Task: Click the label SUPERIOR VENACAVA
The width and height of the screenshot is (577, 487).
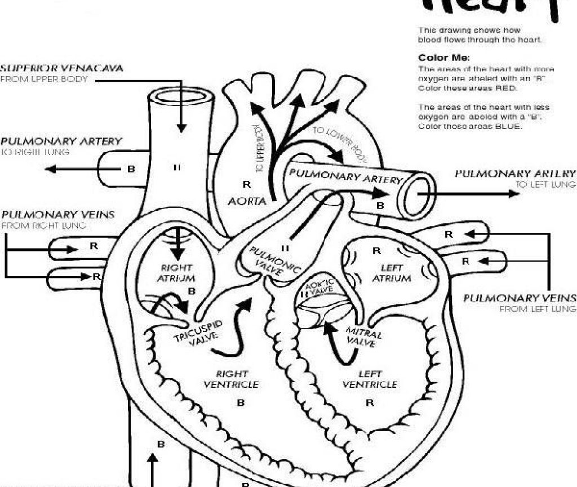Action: (61, 68)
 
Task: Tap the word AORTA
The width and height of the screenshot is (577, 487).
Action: (246, 201)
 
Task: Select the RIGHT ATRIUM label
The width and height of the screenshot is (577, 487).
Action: (176, 273)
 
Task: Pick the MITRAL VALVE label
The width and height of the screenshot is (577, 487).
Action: (364, 337)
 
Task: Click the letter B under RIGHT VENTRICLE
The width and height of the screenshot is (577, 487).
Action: (241, 403)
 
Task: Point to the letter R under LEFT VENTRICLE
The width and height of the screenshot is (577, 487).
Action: (370, 403)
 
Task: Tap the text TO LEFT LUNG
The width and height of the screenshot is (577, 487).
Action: (545, 184)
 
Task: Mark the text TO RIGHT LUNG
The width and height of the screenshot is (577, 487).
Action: (35, 152)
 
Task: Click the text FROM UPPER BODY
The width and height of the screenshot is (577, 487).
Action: (44, 79)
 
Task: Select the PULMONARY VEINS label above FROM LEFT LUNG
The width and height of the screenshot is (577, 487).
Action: (520, 298)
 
